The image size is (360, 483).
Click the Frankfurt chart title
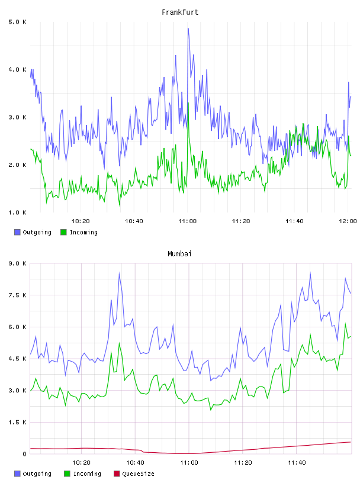(180, 12)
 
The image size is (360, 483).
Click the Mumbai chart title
(179, 254)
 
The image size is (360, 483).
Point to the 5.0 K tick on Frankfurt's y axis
(17, 22)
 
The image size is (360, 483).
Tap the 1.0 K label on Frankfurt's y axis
(17, 212)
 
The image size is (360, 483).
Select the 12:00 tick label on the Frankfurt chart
(348, 221)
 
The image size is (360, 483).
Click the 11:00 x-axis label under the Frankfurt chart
(187, 221)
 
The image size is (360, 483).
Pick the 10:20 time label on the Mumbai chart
(81, 463)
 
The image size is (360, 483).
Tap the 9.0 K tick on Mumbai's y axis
(17, 263)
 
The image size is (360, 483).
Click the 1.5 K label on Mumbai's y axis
(17, 422)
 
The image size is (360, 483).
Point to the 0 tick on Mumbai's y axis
(24, 454)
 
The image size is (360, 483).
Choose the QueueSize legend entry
(134, 474)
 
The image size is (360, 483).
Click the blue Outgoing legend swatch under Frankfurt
(17, 232)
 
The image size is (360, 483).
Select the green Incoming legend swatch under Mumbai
(67, 474)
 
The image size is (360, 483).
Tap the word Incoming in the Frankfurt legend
(83, 233)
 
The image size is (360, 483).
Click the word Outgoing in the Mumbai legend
(37, 474)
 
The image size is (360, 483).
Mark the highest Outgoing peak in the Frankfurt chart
(188, 28)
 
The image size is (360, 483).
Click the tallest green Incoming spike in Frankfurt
(188, 102)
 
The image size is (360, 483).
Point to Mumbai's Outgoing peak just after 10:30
(119, 273)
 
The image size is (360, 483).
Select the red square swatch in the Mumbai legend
(117, 474)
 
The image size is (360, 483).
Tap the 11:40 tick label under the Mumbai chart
(297, 463)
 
